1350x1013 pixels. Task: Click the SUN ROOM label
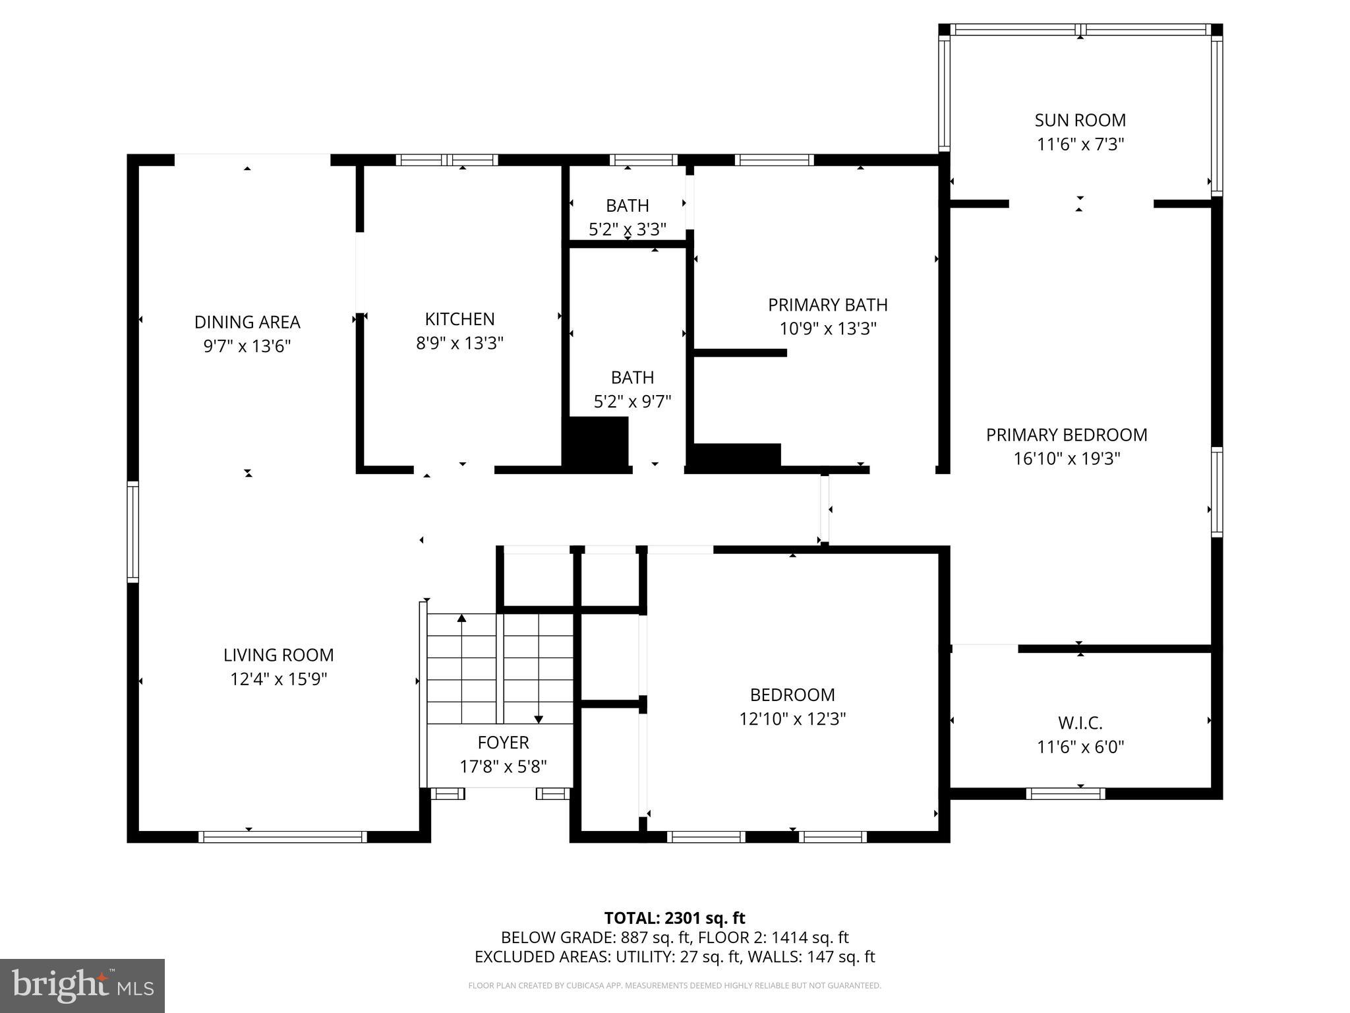(x=1080, y=120)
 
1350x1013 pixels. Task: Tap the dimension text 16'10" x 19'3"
(x=1067, y=458)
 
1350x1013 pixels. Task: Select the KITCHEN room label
(x=459, y=319)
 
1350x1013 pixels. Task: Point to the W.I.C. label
(x=1080, y=723)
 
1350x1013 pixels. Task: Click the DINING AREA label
(x=247, y=322)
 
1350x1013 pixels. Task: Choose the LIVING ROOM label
(x=278, y=655)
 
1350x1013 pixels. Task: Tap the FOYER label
(x=503, y=743)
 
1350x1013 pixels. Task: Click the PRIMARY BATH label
(x=827, y=305)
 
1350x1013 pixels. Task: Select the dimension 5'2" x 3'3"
(x=627, y=230)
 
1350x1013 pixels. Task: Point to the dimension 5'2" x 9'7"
(x=632, y=402)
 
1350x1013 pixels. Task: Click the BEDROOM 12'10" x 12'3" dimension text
(x=792, y=719)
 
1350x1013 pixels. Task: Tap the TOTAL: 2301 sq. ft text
(x=674, y=918)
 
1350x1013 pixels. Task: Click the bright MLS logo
(x=82, y=985)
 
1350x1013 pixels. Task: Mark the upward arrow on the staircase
(x=461, y=619)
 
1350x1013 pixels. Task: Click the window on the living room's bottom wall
(x=283, y=837)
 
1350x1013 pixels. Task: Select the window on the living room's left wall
(x=133, y=532)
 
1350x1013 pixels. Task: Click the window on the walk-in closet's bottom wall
(x=1065, y=794)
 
